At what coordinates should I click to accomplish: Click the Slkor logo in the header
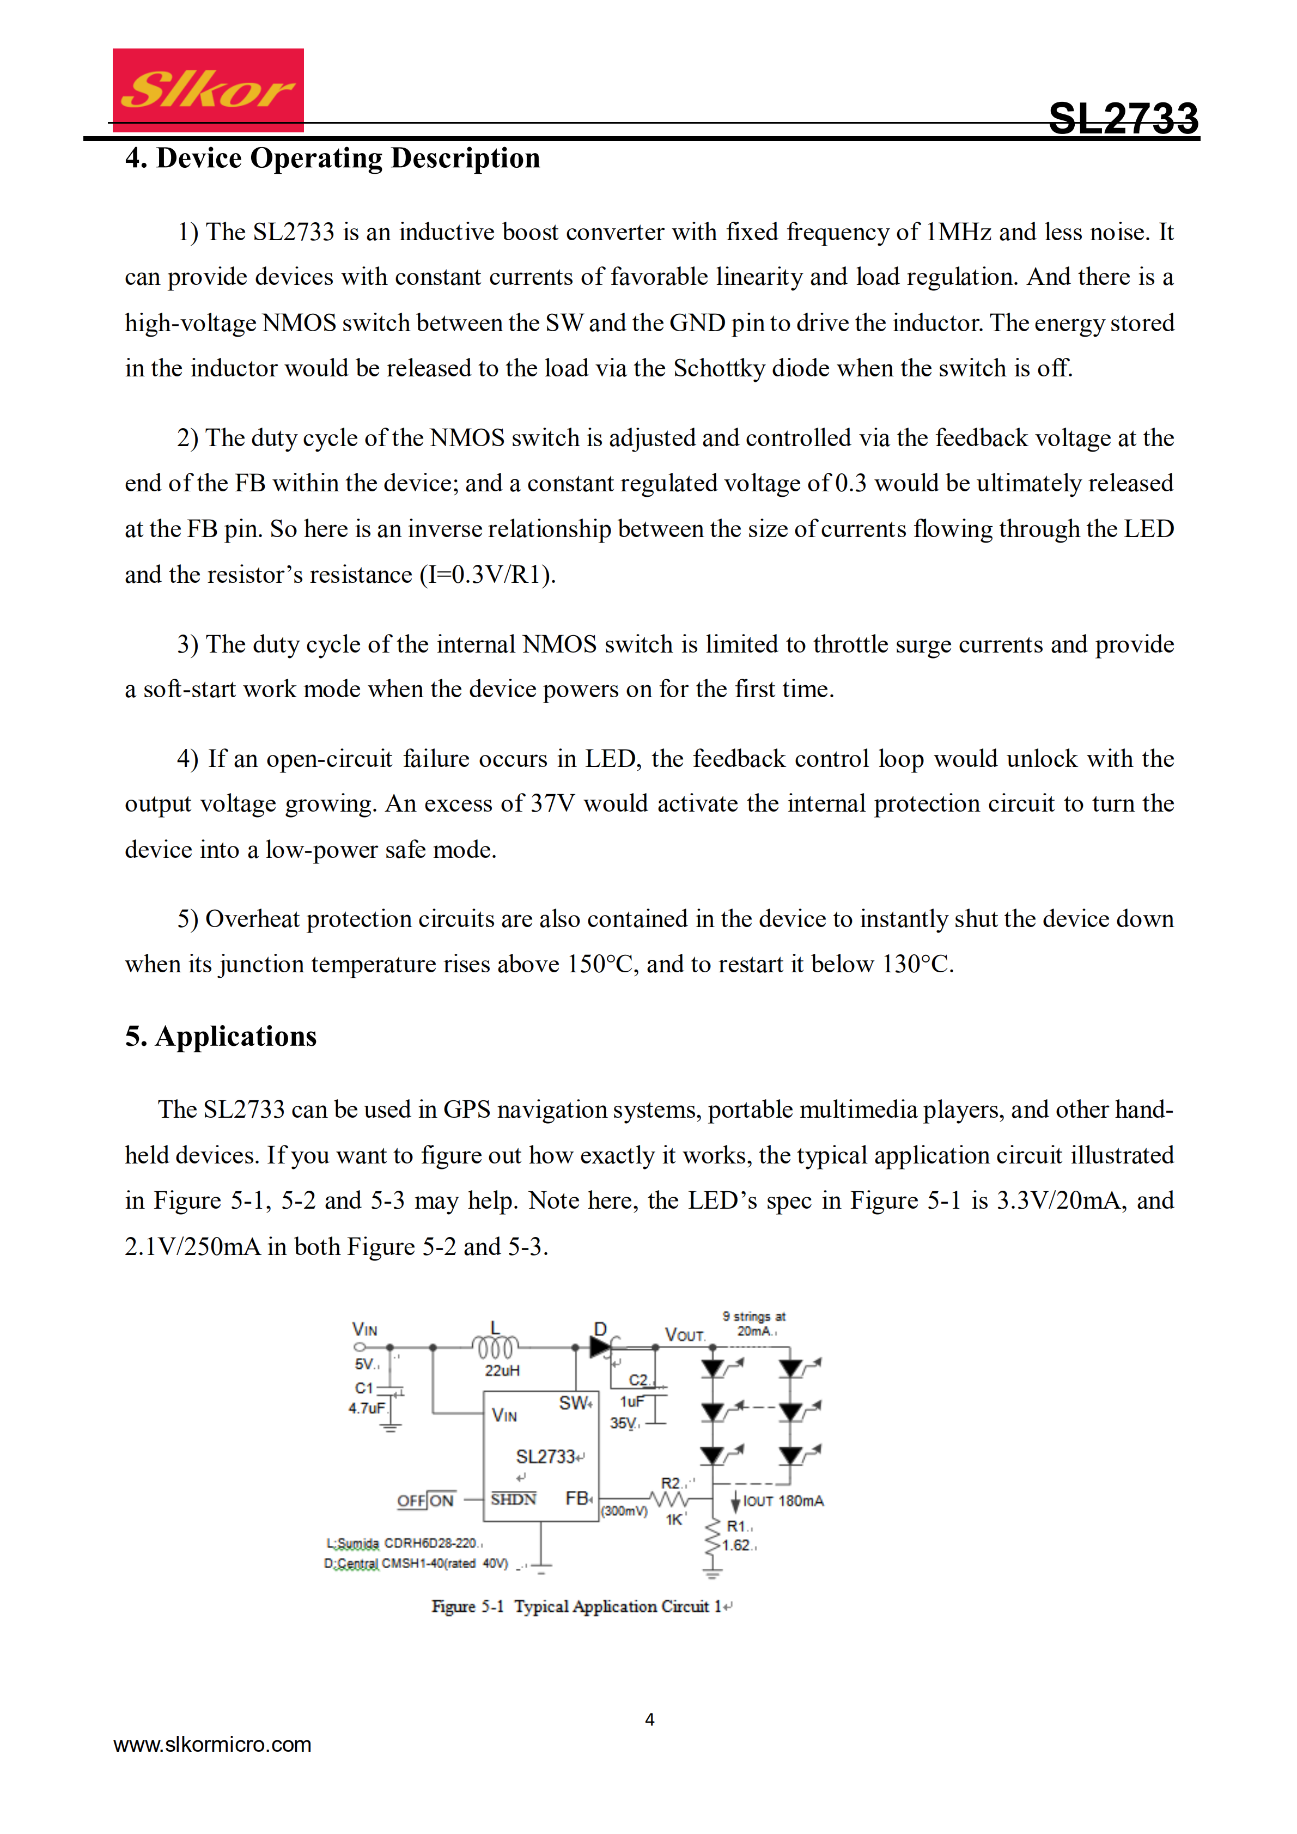(x=208, y=89)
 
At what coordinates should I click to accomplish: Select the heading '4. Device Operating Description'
(x=332, y=158)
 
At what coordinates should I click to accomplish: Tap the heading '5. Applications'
(x=221, y=1036)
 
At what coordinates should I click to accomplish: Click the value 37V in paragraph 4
(x=553, y=803)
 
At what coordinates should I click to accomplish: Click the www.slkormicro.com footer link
(x=212, y=1745)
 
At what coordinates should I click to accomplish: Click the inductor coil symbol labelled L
(x=496, y=1348)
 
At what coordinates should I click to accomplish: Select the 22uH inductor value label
(x=502, y=1370)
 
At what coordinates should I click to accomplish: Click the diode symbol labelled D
(x=600, y=1348)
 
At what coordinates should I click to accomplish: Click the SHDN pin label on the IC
(x=514, y=1500)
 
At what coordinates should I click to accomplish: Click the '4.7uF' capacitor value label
(x=367, y=1408)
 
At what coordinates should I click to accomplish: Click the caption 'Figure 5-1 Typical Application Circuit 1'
(x=581, y=1606)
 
